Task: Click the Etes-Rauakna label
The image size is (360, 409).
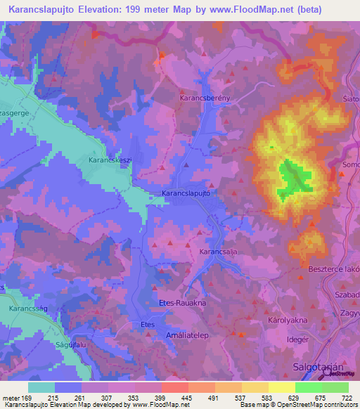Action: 182,302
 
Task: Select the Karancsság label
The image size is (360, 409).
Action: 27,309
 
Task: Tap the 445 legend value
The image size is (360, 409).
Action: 187,398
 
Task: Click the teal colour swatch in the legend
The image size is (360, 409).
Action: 41,387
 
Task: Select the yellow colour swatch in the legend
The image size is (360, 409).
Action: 282,387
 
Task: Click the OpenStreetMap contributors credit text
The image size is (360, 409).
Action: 316,405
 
